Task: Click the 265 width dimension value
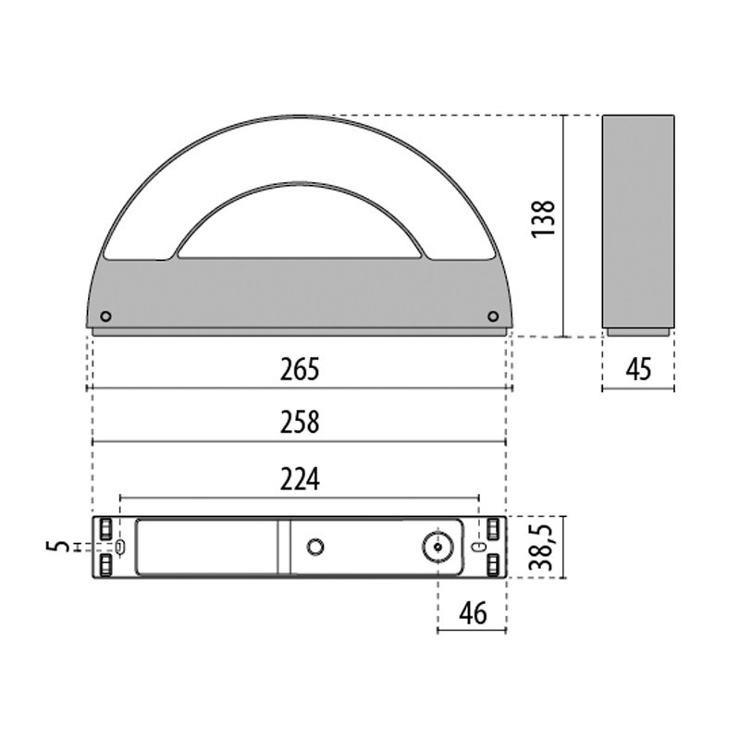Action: pos(300,369)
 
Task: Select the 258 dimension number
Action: pos(300,423)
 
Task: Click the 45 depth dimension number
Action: pos(638,369)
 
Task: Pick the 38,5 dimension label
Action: pos(545,547)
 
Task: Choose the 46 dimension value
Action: pos(472,613)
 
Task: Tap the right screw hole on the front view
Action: pos(493,316)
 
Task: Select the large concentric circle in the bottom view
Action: pos(436,547)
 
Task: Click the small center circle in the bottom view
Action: pos(315,547)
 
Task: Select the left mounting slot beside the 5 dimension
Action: pos(119,547)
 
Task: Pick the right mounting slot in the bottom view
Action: pos(478,547)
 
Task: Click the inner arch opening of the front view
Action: pos(300,227)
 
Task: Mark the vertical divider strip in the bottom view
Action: pos(283,547)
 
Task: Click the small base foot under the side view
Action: pos(638,330)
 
